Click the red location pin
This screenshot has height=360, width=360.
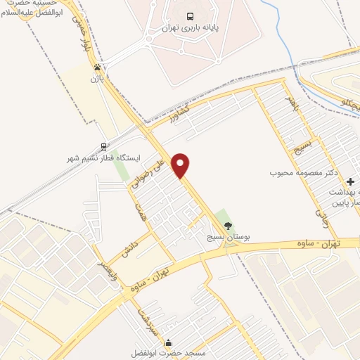coord(181,165)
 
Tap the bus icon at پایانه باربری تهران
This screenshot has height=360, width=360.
coord(190,16)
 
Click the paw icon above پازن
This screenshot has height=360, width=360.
coord(96,67)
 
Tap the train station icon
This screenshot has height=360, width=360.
coord(104,147)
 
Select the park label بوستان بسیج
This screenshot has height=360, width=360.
coord(228,237)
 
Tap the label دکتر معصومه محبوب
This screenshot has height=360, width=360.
coord(304,172)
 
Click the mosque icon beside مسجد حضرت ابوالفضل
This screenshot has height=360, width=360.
coord(167,343)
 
